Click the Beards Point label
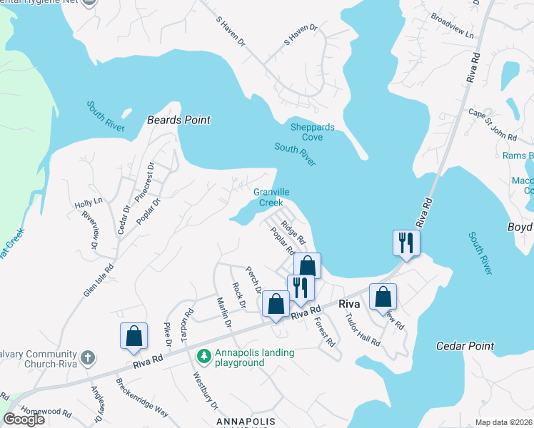coord(178,120)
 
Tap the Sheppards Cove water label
coord(312,132)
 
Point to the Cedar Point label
coord(465,346)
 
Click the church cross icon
coord(87,357)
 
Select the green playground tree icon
coord(204,355)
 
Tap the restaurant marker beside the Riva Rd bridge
coord(405,243)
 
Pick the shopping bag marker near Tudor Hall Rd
coord(383,296)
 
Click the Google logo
coord(24,419)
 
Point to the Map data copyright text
coord(504,422)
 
